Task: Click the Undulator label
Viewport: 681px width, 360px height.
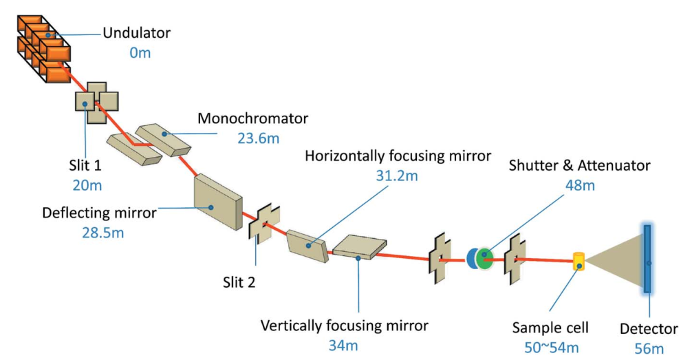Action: pyautogui.click(x=136, y=32)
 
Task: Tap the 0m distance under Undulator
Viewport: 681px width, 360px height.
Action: pyautogui.click(x=140, y=52)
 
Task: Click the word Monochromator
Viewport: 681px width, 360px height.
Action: pyautogui.click(x=253, y=118)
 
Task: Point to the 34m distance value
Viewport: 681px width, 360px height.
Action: pyautogui.click(x=344, y=345)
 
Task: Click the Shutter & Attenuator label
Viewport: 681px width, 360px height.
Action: pyautogui.click(x=579, y=165)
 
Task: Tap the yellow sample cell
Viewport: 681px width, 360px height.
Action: pyautogui.click(x=580, y=262)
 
